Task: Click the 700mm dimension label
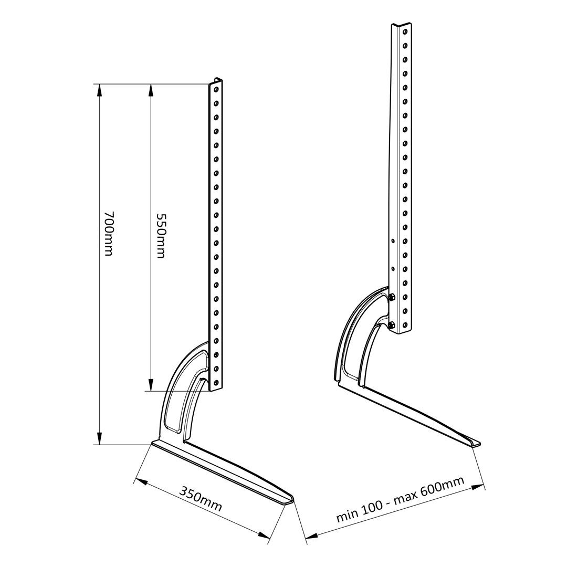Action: [x=109, y=233]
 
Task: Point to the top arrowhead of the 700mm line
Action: [x=98, y=89]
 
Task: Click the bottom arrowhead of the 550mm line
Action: [x=151, y=386]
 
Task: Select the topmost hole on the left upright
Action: [x=216, y=90]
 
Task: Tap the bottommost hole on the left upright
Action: [x=216, y=382]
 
